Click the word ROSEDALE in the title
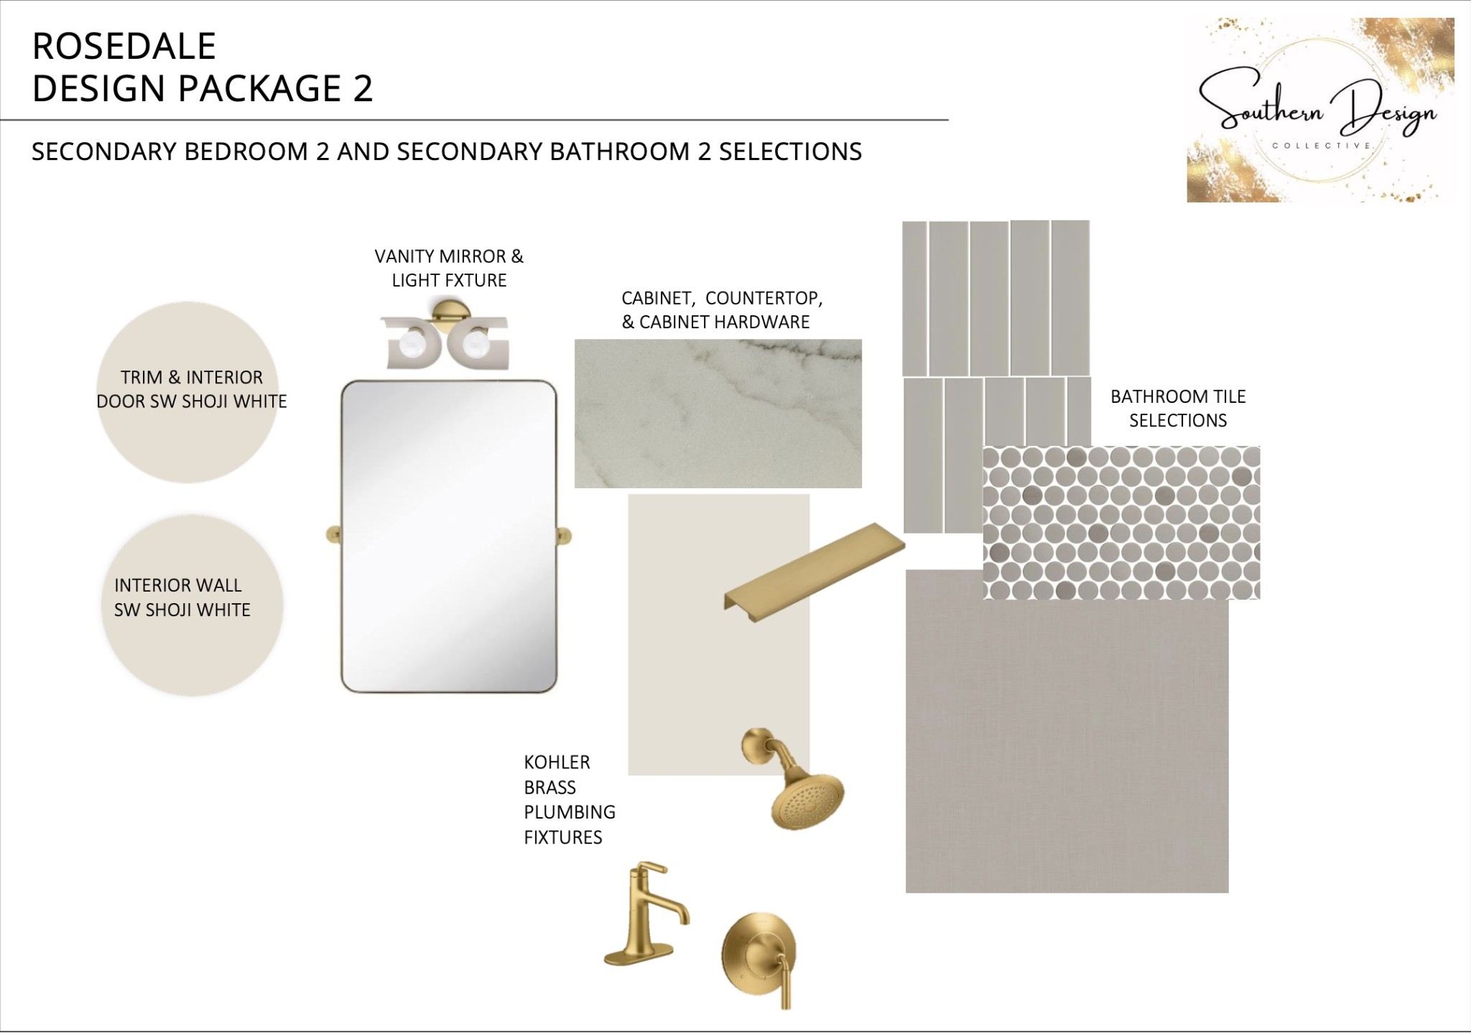124,47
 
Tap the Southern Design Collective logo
1320,110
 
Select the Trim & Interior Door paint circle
188,392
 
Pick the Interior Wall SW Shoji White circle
192,605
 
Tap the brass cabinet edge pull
814,571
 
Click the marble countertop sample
718,414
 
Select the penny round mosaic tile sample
1121,523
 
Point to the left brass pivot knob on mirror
334,536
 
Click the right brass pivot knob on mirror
565,536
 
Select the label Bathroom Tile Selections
1178,408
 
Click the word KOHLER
557,762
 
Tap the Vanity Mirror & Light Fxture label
449,268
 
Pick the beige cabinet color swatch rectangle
719,635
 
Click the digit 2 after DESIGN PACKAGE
362,88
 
